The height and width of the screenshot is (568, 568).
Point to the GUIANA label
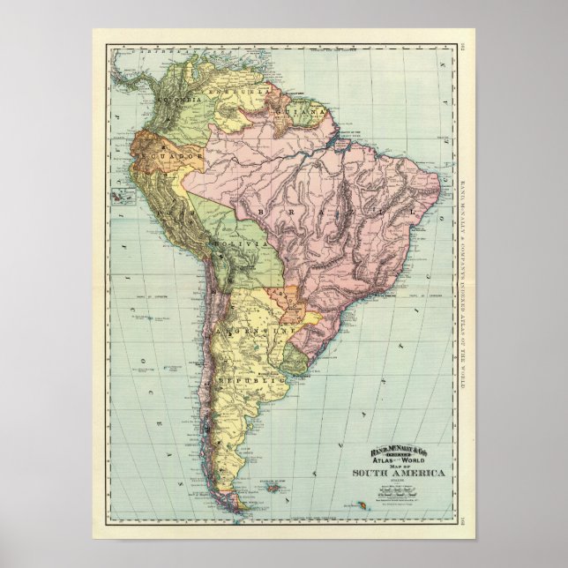305,114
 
